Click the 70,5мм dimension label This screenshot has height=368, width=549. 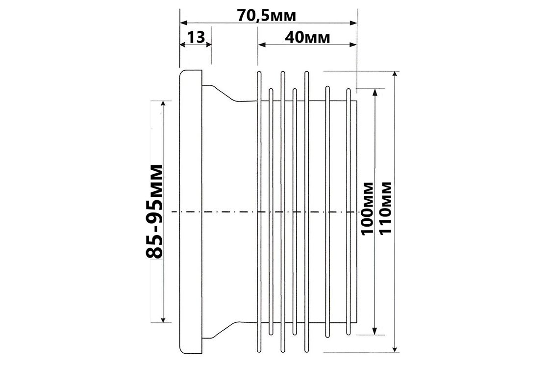(266, 15)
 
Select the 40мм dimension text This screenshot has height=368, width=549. (307, 37)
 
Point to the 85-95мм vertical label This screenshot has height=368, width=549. (154, 211)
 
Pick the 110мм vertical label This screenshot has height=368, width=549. (385, 209)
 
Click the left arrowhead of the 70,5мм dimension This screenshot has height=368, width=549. (184, 23)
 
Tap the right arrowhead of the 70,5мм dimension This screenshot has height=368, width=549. (353, 23)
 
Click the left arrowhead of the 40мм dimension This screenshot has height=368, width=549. (262, 45)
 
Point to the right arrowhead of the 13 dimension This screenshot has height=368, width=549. (208, 45)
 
